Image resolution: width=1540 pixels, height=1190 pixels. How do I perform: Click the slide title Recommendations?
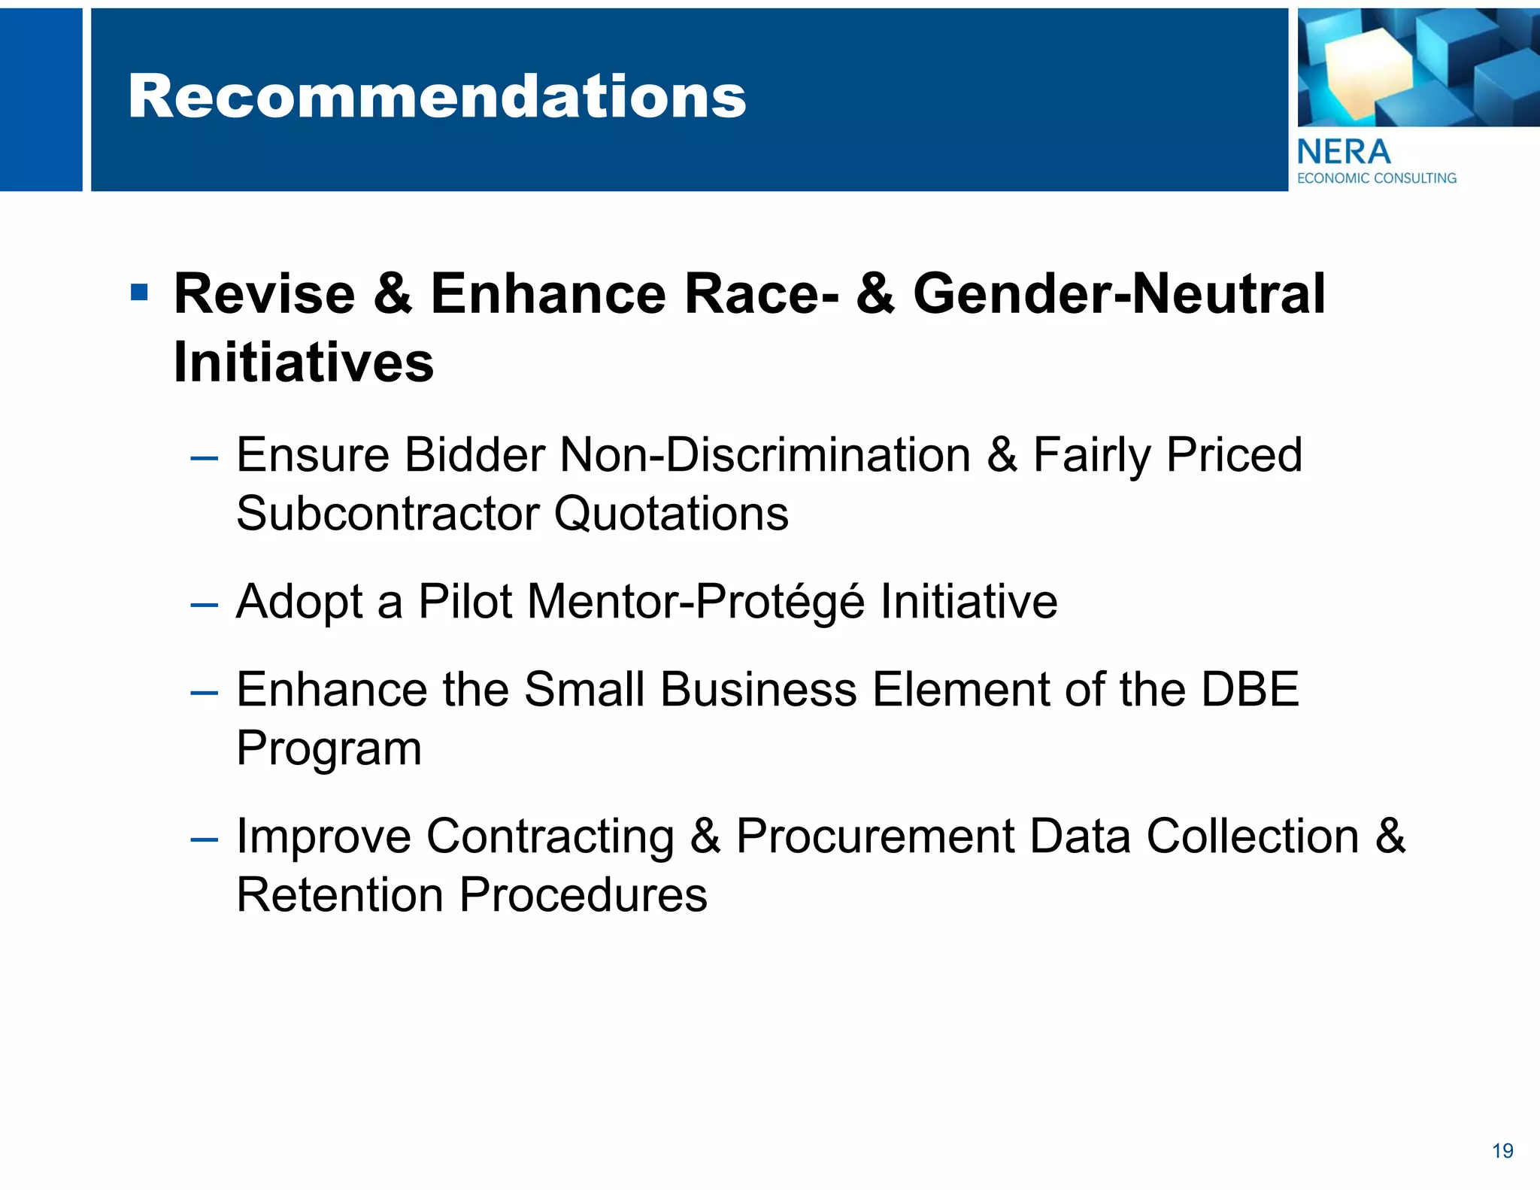436,97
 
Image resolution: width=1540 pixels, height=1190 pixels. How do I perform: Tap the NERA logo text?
1344,153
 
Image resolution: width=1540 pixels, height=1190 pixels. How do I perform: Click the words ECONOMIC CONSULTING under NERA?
1376,178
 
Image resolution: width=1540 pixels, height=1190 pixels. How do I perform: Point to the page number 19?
1502,1151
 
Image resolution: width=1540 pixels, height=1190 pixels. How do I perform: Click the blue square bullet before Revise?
139,292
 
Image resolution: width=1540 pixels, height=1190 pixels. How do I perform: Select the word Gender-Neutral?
1119,293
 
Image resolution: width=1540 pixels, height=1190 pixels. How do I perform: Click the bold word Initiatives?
304,363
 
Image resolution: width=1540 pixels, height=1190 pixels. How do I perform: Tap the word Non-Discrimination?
765,455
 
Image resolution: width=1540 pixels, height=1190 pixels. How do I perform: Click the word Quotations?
671,514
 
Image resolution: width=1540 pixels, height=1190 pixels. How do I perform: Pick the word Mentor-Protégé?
696,602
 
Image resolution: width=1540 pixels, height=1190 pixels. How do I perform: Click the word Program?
329,748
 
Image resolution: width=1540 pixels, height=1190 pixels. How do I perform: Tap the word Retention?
340,895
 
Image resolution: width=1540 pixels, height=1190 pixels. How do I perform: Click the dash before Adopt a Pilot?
205,604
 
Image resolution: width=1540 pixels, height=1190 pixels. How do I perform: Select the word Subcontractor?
388,514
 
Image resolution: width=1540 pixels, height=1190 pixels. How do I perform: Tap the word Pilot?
465,602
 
